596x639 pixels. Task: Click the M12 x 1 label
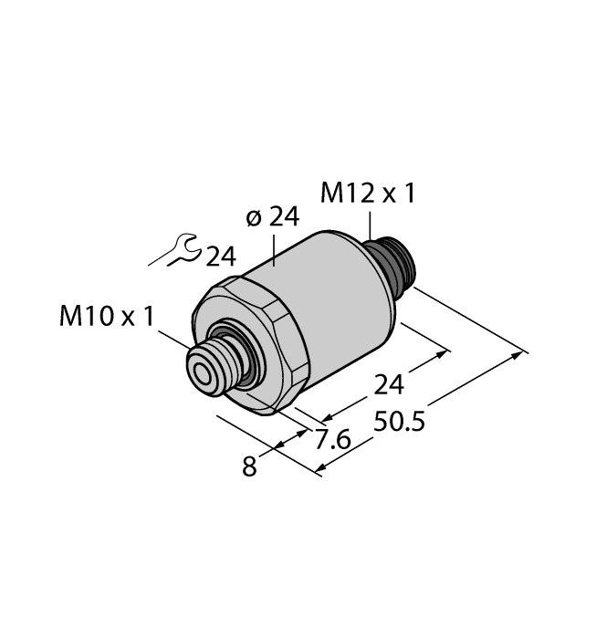(368, 194)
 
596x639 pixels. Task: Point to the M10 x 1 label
(107, 317)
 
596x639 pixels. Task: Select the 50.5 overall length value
(400, 423)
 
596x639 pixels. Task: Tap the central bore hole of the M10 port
(199, 371)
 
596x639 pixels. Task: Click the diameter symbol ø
(253, 218)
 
